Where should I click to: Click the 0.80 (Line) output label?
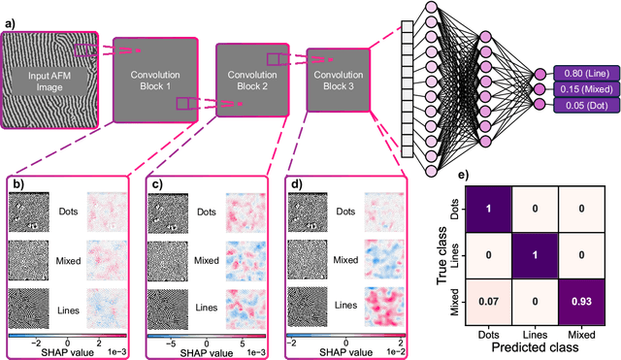[x=581, y=72]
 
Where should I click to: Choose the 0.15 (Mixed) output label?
[x=581, y=90]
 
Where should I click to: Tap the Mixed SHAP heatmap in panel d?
[x=383, y=261]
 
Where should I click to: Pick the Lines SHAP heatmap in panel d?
[x=383, y=305]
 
